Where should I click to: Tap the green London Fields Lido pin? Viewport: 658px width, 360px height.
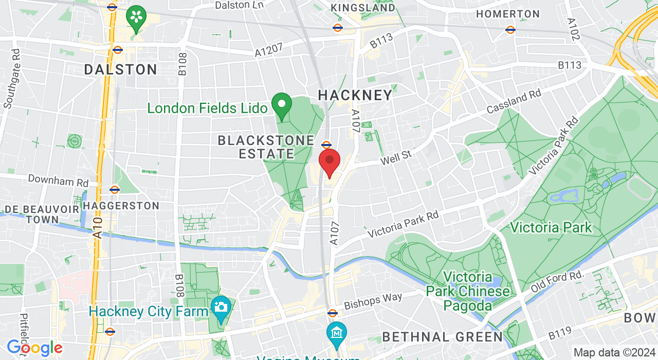click(282, 105)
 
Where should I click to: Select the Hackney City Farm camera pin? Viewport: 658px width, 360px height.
click(221, 308)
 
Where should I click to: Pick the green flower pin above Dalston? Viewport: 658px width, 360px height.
click(136, 17)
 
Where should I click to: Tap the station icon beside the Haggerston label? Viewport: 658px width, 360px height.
click(115, 189)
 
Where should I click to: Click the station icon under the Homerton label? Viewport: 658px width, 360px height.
click(510, 30)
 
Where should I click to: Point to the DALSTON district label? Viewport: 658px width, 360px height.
click(121, 69)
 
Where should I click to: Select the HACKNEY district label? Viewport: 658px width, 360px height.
click(355, 95)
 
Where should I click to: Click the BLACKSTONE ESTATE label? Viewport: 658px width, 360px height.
click(266, 147)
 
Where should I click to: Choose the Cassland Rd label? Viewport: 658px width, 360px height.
click(514, 102)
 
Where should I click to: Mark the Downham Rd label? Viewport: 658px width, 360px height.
click(58, 180)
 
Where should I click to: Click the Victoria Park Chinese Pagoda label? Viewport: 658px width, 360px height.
click(468, 292)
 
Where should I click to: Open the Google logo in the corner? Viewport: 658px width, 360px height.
click(34, 348)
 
